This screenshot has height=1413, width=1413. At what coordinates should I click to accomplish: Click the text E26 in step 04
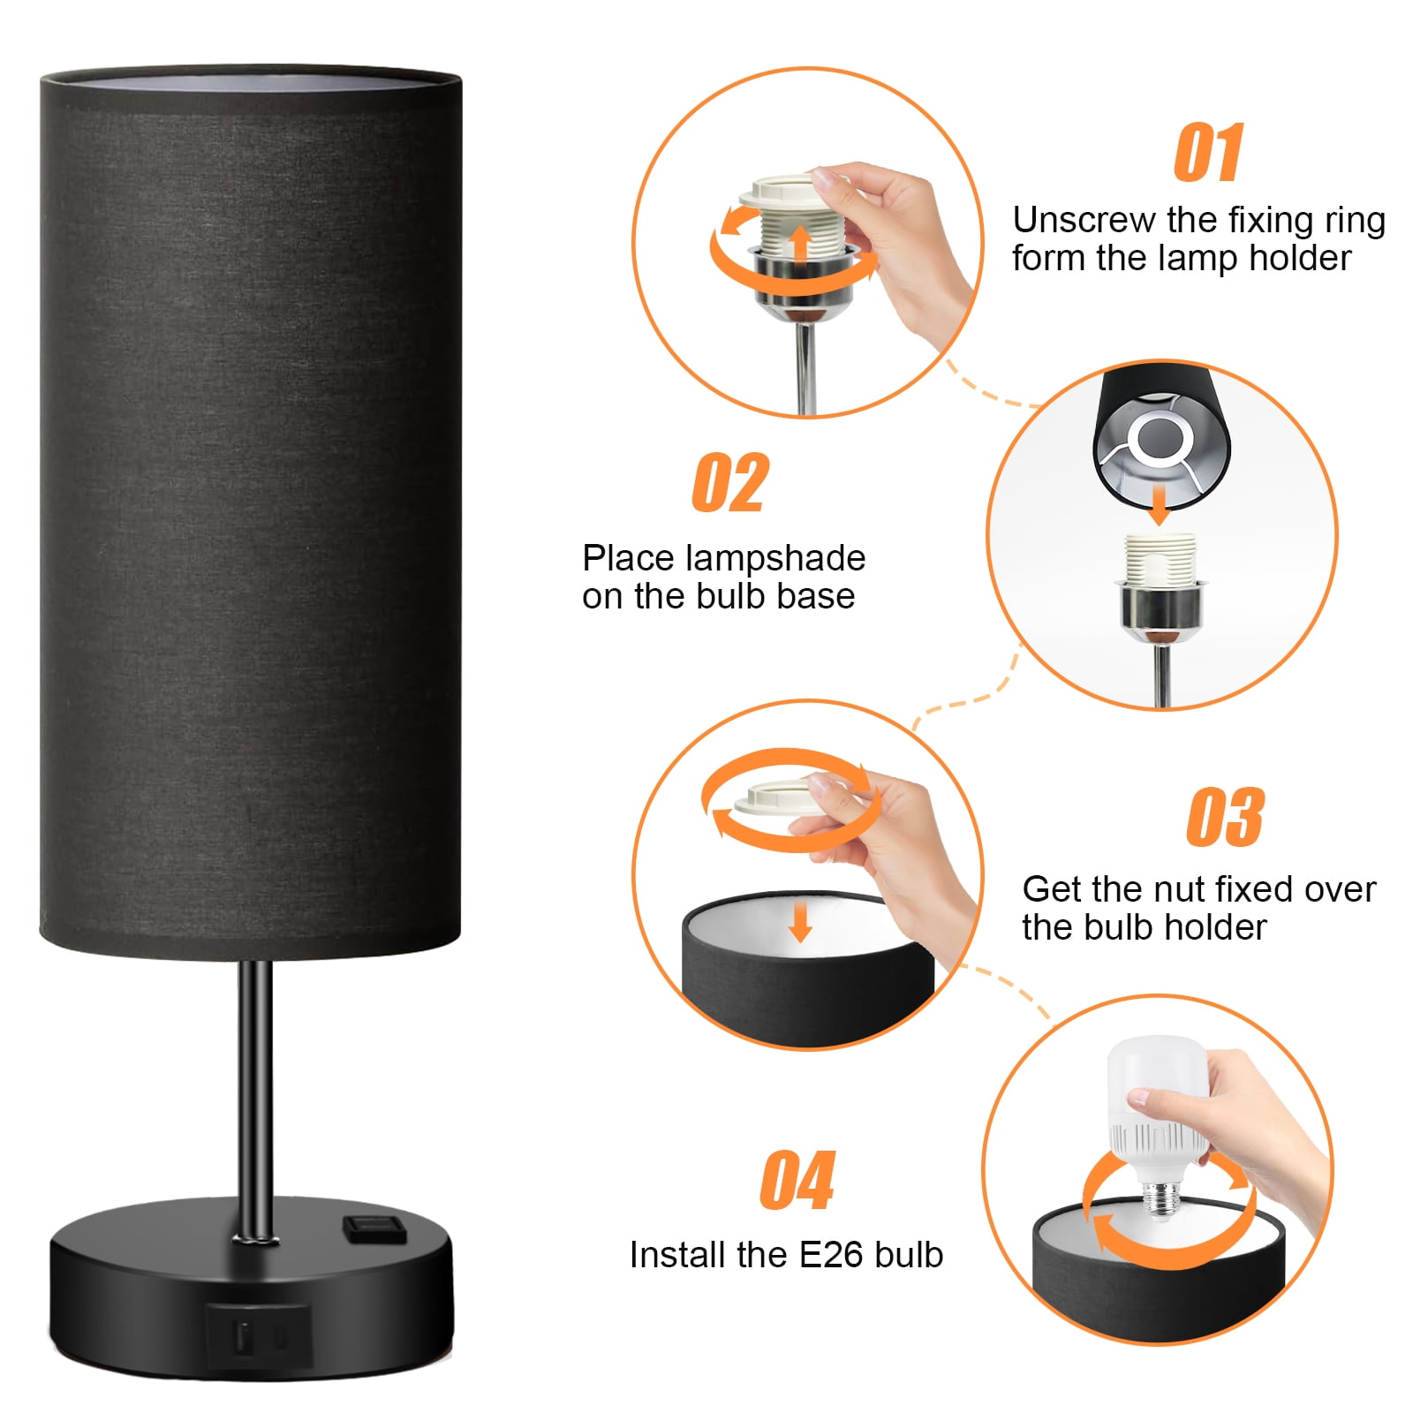(x=831, y=1255)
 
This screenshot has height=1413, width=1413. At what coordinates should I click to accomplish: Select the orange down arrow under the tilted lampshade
(x=1160, y=504)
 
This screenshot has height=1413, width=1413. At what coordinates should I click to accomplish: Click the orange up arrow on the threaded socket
(x=800, y=243)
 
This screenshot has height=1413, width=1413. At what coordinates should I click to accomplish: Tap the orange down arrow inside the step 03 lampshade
(x=800, y=921)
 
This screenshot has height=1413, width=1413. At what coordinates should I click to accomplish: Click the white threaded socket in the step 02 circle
(x=1160, y=558)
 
